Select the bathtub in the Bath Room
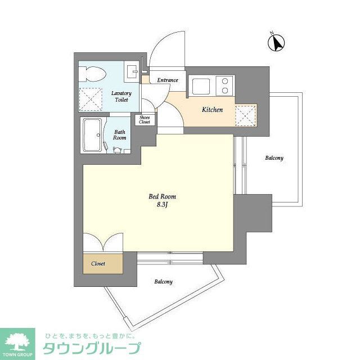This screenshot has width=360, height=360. click(93, 136)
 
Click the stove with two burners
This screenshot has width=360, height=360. click(224, 85)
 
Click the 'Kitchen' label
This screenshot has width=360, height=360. click(213, 110)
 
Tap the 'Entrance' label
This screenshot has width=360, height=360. click(168, 80)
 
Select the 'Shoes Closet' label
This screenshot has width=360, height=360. click(145, 119)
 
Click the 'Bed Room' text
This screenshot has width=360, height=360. click(162, 196)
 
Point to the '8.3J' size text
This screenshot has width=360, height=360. click(163, 205)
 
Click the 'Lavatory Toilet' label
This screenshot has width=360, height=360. click(121, 96)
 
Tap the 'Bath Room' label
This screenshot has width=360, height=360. click(119, 134)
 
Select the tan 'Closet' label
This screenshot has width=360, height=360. click(98, 262)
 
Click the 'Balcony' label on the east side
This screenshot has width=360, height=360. click(274, 158)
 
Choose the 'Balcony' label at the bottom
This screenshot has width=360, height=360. click(163, 281)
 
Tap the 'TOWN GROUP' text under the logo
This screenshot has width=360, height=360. click(17, 355)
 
